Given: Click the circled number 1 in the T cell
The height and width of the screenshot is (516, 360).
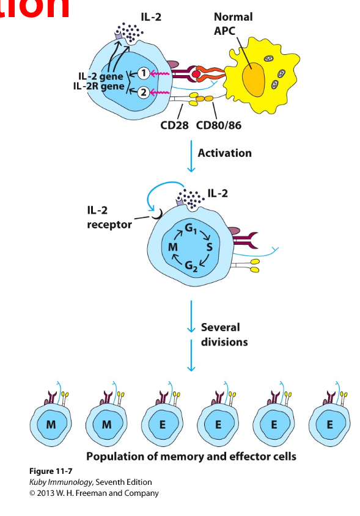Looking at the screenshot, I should click(x=142, y=73).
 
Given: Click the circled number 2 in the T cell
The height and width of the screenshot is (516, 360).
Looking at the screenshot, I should click(x=142, y=92).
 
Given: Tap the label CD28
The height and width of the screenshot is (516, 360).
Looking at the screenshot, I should click(x=175, y=126).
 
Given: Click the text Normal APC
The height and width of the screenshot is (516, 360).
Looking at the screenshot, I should click(x=233, y=23).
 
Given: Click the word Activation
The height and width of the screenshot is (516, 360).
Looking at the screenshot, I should click(x=224, y=153).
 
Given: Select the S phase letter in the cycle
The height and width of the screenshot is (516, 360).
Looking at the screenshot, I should click(x=210, y=247).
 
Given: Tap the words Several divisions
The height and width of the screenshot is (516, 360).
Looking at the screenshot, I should click(x=224, y=334).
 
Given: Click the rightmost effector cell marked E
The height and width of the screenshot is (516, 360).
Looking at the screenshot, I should click(x=329, y=424).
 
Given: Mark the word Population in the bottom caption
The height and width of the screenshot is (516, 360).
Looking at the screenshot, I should click(x=116, y=456).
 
